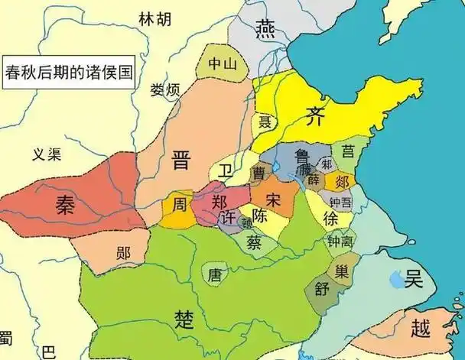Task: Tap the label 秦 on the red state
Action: coord(66,204)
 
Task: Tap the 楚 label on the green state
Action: coord(184,316)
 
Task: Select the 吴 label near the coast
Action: coord(414,279)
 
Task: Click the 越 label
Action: coord(420,329)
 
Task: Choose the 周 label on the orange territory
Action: coord(178,204)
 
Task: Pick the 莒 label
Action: coord(348,151)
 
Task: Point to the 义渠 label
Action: coord(46,153)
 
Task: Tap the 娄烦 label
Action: coord(164,90)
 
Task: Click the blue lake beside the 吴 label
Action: coord(395,281)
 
